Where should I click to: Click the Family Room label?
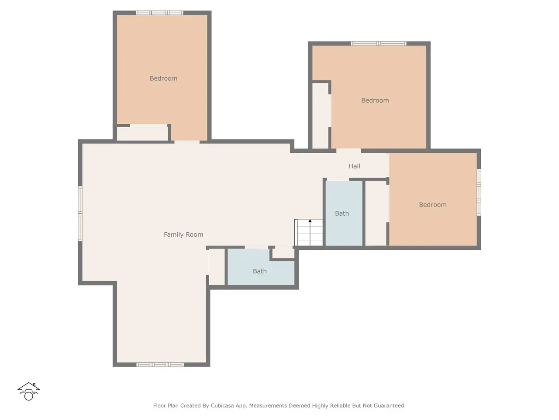point(183,234)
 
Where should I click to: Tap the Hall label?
point(354,166)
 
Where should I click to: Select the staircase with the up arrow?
point(308,232)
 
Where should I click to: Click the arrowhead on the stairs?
point(310,221)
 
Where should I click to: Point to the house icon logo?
point(28,391)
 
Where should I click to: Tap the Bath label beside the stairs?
point(342,213)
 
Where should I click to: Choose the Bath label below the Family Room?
point(260,271)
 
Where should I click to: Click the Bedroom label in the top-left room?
point(163,78)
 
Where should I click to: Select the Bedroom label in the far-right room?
point(433,204)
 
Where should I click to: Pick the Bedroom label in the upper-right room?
point(375,100)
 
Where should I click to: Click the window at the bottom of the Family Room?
point(160,365)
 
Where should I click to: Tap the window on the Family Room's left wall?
point(80,213)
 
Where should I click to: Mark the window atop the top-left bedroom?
point(159,13)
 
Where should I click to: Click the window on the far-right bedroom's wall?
point(479,192)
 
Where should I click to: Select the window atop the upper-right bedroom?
point(379,44)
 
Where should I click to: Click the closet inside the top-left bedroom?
point(142,133)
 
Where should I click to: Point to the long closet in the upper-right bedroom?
point(321,116)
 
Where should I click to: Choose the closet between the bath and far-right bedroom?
point(376,213)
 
